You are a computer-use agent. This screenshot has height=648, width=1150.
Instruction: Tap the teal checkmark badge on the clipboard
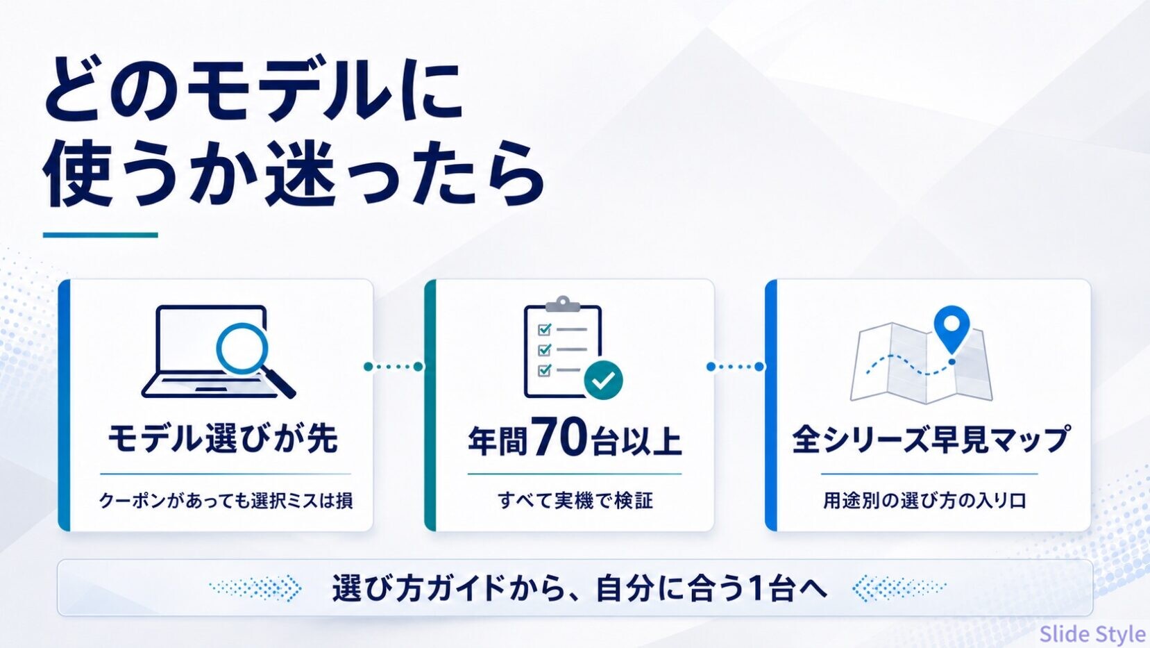point(603,380)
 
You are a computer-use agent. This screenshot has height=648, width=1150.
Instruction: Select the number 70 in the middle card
point(559,437)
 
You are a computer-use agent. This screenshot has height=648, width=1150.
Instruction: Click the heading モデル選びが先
point(222,439)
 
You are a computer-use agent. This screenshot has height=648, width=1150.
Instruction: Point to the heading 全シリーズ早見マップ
point(931,439)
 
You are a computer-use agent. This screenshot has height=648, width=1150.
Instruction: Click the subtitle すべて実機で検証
point(575,500)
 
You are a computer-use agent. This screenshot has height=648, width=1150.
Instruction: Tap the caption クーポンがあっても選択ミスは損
point(226,500)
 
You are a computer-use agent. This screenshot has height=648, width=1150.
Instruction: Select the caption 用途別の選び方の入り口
point(924,500)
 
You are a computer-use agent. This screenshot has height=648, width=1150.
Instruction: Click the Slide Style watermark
point(1092,633)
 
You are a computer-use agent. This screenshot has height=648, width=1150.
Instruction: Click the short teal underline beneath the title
point(100,235)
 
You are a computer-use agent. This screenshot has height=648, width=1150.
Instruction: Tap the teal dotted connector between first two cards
point(394,367)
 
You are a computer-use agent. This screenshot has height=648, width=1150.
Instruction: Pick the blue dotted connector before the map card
point(735,367)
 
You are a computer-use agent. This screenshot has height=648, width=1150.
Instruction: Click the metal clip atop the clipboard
point(563,304)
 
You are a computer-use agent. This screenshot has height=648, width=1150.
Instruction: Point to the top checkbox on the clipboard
point(544,329)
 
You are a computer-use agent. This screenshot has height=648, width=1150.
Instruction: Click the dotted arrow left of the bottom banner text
point(255,588)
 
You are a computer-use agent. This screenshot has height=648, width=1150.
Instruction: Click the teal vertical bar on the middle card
point(430,405)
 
